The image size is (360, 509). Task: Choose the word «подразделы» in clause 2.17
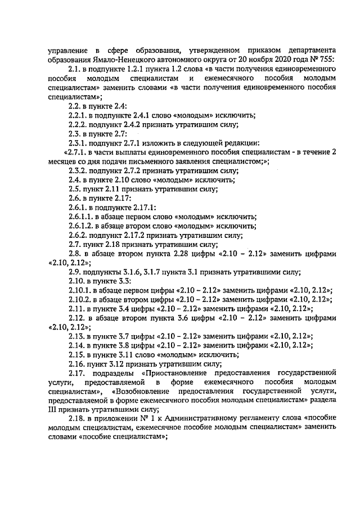116,373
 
